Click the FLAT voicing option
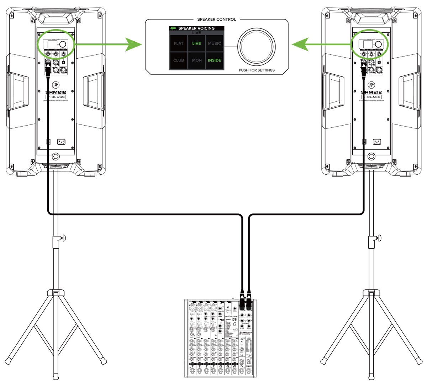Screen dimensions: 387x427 coord(179,43)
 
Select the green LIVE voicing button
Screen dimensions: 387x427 coord(196,43)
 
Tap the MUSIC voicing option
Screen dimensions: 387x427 coord(214,43)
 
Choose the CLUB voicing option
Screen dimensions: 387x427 coord(179,60)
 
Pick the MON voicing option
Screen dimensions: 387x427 coord(197,60)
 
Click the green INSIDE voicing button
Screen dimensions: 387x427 coord(214,60)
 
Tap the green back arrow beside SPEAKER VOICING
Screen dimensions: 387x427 coord(173,28)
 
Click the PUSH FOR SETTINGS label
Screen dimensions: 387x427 coord(257,70)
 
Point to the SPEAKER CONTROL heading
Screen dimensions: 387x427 coord(216,19)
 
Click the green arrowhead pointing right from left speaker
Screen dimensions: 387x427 coord(135,44)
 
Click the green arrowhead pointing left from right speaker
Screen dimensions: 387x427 coord(299,44)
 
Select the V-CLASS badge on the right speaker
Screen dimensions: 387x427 coord(371,97)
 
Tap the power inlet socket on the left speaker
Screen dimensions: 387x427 coord(61,142)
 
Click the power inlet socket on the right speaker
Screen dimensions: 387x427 coord(377,142)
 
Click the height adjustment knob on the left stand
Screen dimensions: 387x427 coord(64,237)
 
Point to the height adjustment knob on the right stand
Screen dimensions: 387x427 coord(379,237)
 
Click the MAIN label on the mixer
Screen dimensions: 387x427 coord(249,366)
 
